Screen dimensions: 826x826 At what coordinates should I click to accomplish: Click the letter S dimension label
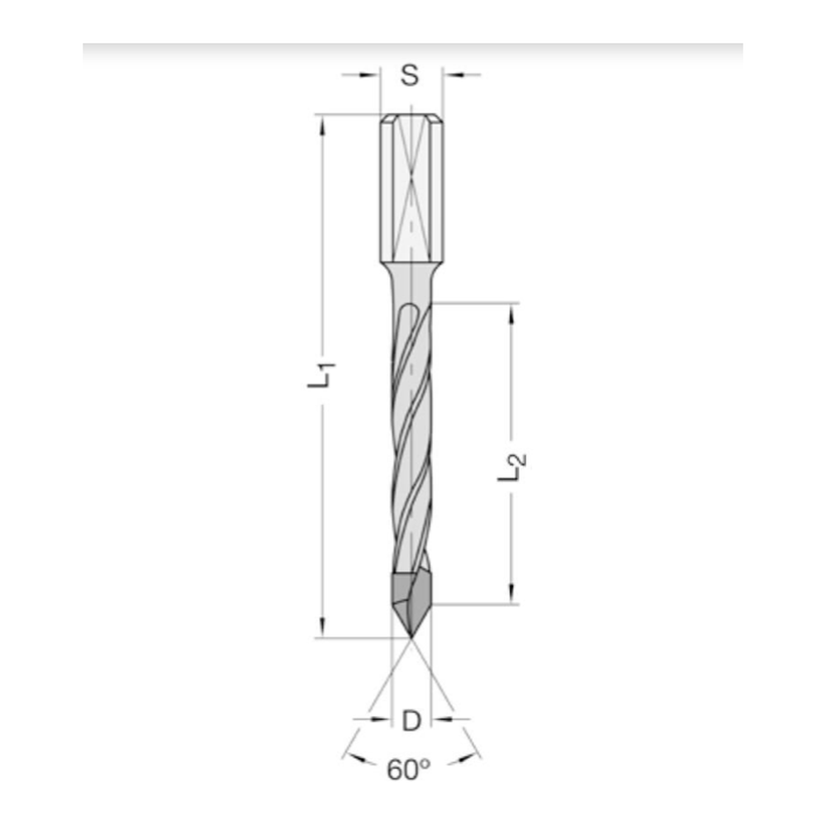click(x=411, y=75)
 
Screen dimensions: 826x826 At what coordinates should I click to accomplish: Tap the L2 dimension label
click(x=511, y=467)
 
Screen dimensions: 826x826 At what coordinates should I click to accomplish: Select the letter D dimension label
click(x=411, y=720)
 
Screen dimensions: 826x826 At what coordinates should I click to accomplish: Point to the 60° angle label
click(x=409, y=771)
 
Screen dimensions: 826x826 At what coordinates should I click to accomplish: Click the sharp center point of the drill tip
click(x=411, y=637)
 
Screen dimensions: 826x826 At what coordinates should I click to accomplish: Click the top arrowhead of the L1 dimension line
click(x=322, y=123)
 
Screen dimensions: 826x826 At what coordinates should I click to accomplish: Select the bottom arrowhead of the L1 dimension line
click(x=322, y=629)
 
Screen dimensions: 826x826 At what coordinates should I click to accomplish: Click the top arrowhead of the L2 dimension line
click(x=512, y=311)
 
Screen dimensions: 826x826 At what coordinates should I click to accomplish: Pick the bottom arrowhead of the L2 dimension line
click(x=512, y=596)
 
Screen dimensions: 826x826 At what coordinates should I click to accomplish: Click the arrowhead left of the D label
click(x=382, y=719)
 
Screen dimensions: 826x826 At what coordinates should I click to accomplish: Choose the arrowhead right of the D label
click(x=440, y=719)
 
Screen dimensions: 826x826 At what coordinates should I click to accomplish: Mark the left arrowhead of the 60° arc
click(x=347, y=752)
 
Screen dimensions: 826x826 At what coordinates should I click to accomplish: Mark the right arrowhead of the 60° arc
click(x=477, y=752)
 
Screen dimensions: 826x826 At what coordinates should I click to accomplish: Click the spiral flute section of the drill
click(x=411, y=430)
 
